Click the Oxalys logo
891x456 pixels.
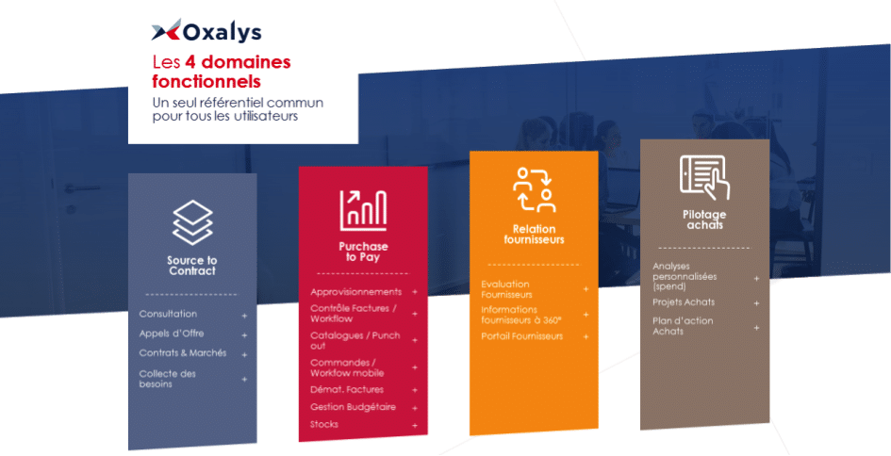[206, 31]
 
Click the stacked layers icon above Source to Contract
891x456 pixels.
[192, 222]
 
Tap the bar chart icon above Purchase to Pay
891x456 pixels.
[363, 210]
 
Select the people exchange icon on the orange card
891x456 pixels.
[534, 189]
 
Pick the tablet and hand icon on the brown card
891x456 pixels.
[704, 178]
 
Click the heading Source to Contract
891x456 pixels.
[192, 266]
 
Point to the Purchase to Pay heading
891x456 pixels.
[363, 252]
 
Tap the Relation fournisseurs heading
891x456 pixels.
[535, 235]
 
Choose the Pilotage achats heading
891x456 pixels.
[704, 220]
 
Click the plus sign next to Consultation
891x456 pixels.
[244, 316]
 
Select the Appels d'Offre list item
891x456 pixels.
[171, 334]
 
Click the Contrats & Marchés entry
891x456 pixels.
[182, 352]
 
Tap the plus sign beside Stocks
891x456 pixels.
[415, 425]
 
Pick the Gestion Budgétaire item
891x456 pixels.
[353, 407]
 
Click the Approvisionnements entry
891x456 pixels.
[355, 292]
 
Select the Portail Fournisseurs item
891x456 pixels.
[521, 336]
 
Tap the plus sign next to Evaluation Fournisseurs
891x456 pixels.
[586, 289]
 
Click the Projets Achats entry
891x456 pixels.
[684, 302]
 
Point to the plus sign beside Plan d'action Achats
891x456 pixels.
[756, 328]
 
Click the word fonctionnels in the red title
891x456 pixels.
[206, 81]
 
